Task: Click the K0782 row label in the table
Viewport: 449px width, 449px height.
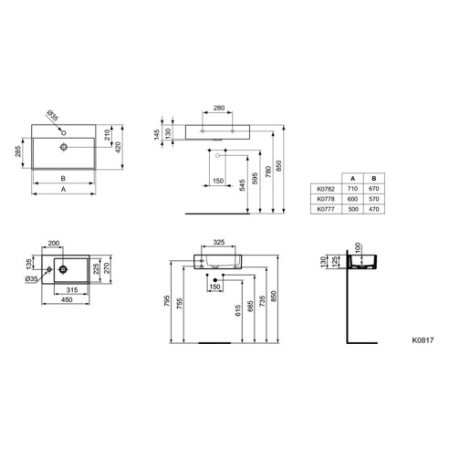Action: point(326,189)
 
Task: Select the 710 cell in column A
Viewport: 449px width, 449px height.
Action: point(352,189)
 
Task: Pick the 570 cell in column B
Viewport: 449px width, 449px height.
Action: point(373,199)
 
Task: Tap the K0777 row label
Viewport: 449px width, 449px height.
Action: point(326,209)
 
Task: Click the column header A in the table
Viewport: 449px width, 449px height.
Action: point(352,179)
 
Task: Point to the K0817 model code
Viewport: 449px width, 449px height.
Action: point(423,340)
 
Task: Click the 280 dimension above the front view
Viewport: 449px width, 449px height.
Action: point(219,108)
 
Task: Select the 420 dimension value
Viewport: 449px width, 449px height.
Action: point(118,148)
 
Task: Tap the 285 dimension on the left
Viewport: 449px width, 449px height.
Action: point(18,151)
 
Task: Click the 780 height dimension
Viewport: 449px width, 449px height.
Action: point(268,172)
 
